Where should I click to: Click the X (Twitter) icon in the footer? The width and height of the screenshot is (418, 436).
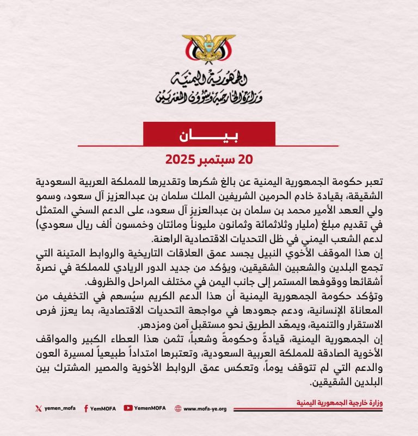38,408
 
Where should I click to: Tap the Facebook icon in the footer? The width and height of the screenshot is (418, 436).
86,408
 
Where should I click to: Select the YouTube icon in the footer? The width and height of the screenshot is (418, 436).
128,408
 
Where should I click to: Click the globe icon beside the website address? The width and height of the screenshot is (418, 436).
178,408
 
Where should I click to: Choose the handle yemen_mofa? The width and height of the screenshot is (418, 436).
59,408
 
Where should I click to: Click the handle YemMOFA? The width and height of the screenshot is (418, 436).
103,408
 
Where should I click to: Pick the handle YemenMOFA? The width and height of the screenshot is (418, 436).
150,408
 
